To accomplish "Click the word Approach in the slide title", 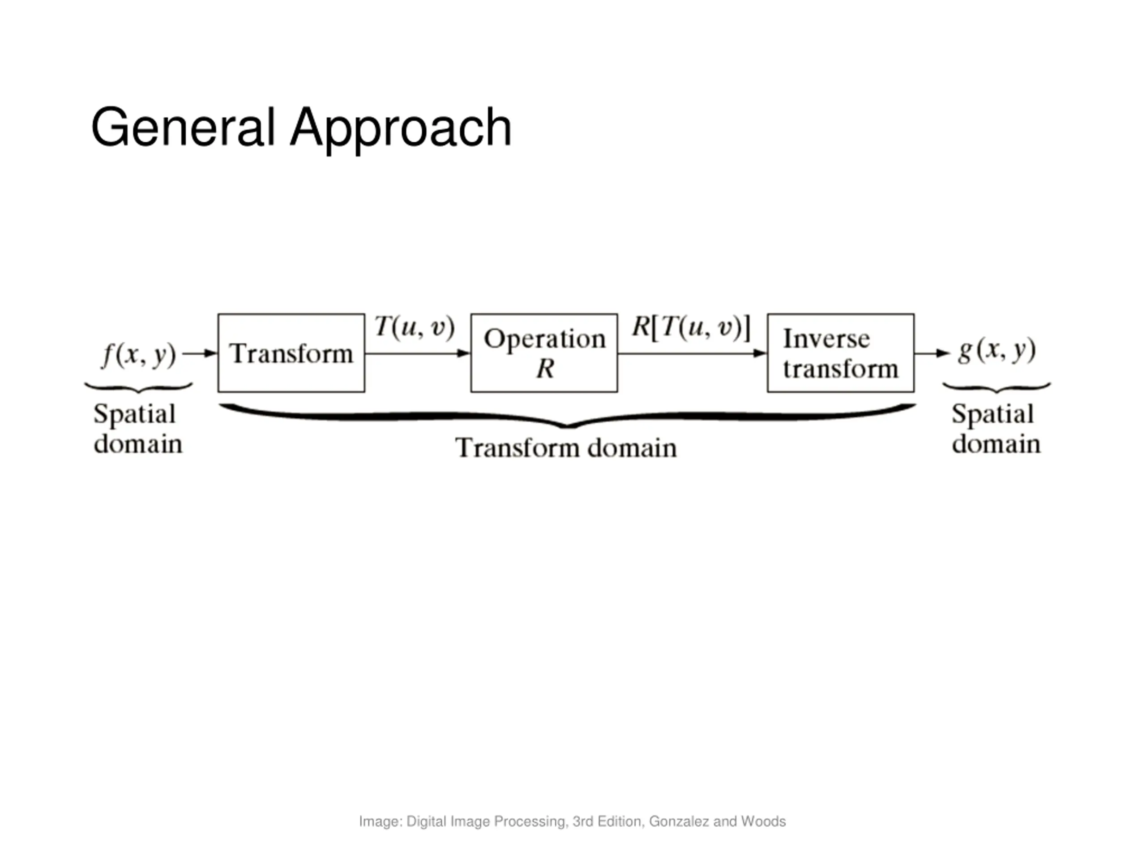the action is pos(401,128).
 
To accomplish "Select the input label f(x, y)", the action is pos(139,355).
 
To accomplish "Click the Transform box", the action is pos(291,353).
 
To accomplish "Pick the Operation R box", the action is pos(544,353).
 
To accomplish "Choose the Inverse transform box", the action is pos(840,353).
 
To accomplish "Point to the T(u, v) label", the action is pos(415,327).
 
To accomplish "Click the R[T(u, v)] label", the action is pos(691,327).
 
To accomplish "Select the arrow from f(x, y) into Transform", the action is pos(200,353).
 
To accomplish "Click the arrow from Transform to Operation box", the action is pos(418,353).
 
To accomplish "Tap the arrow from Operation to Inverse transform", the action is pos(692,353).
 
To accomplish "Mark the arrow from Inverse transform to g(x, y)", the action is pos(932,353).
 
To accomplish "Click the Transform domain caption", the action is pos(566,448).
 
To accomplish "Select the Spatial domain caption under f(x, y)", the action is pos(138,429).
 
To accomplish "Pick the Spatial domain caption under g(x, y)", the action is pos(996,429).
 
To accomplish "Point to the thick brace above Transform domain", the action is pos(567,417).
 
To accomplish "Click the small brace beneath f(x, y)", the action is pos(138,388).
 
